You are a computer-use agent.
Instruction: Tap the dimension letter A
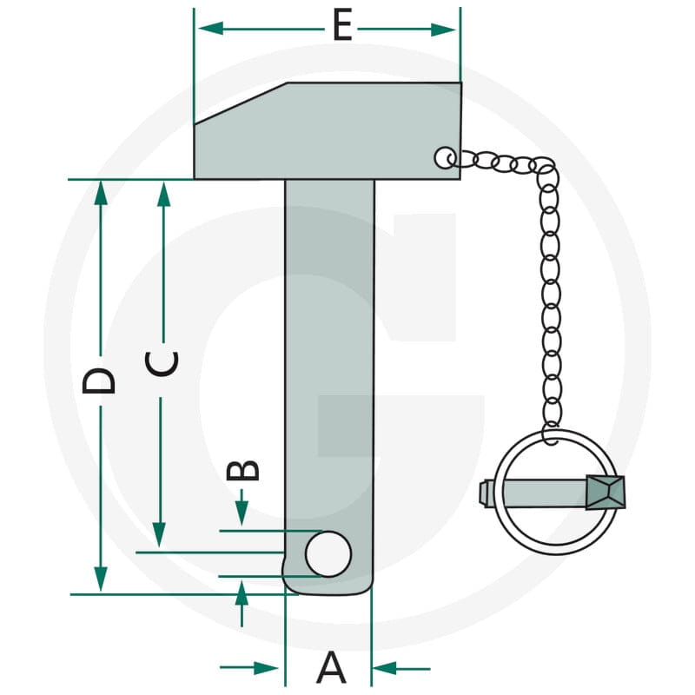tap(331, 667)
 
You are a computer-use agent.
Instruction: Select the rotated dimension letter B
tap(242, 470)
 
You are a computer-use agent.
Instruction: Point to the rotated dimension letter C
tap(162, 364)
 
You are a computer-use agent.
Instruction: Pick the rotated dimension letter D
tap(99, 381)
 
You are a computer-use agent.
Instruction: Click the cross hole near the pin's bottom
tap(328, 553)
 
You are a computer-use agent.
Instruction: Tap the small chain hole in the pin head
tap(445, 157)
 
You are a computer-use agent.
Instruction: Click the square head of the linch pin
tap(606, 493)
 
